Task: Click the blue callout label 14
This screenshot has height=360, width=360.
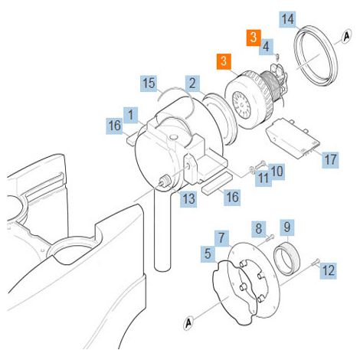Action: pos(287,19)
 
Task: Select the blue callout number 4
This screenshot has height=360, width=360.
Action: pos(266,47)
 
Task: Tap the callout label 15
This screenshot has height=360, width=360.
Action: pos(149,83)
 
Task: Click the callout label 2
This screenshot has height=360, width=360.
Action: pos(192,83)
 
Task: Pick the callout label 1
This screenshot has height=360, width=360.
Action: pos(131,115)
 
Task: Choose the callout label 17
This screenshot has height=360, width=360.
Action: pos(330,159)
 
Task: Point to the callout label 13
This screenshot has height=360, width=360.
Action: pos(188,198)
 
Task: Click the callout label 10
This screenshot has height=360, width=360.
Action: pos(277,171)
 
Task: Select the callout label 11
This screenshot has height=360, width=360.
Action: pos(263,178)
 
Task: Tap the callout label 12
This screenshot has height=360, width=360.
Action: pos(328,270)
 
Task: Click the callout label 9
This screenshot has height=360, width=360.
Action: pos(287,227)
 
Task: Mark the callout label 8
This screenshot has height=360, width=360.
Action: pos(259,228)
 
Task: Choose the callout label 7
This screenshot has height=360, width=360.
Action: pos(221,238)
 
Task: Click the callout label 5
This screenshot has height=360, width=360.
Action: pos(208,254)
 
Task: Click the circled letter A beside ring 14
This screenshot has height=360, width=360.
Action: pos(346,36)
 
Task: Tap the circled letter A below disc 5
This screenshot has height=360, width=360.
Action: pos(188,323)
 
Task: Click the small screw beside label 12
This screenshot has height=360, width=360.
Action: pos(316,262)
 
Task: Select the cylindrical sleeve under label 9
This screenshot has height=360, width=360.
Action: pos(287,259)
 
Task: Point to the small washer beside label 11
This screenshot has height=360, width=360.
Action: pos(252,169)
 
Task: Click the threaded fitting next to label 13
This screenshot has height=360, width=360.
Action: pos(164,181)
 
